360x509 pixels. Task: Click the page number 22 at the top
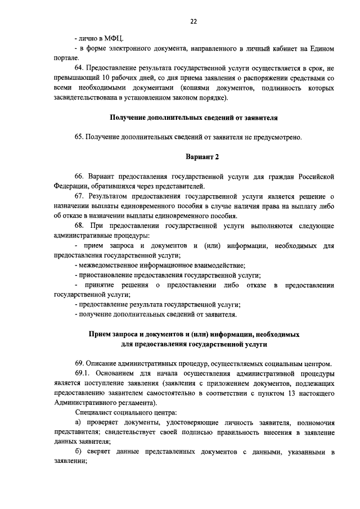coord(193,22)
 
